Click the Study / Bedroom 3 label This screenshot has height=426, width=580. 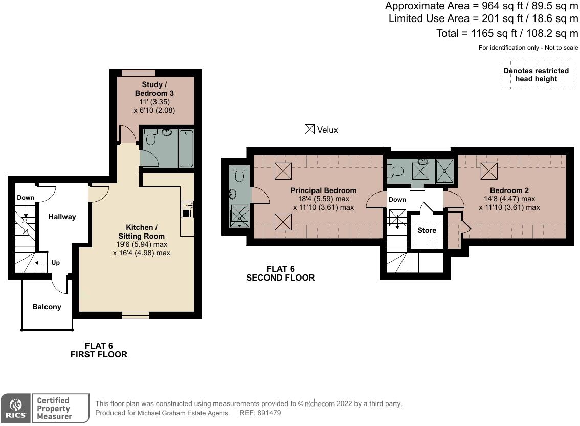[x=154, y=89]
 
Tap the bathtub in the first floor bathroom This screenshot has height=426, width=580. [x=186, y=148]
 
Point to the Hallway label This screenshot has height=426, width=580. [x=62, y=217]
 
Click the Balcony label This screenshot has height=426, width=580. [x=47, y=307]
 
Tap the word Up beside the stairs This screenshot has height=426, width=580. [x=55, y=263]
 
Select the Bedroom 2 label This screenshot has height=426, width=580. [x=509, y=190]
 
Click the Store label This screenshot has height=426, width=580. [x=427, y=230]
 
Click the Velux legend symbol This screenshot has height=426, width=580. [x=309, y=130]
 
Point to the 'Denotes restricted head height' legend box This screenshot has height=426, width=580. [x=536, y=75]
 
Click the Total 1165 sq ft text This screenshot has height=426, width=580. [x=507, y=33]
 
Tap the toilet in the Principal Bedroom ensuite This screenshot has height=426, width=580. [x=239, y=174]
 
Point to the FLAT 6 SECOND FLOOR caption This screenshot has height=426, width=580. [x=280, y=273]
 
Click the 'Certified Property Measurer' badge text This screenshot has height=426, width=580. [x=53, y=408]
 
